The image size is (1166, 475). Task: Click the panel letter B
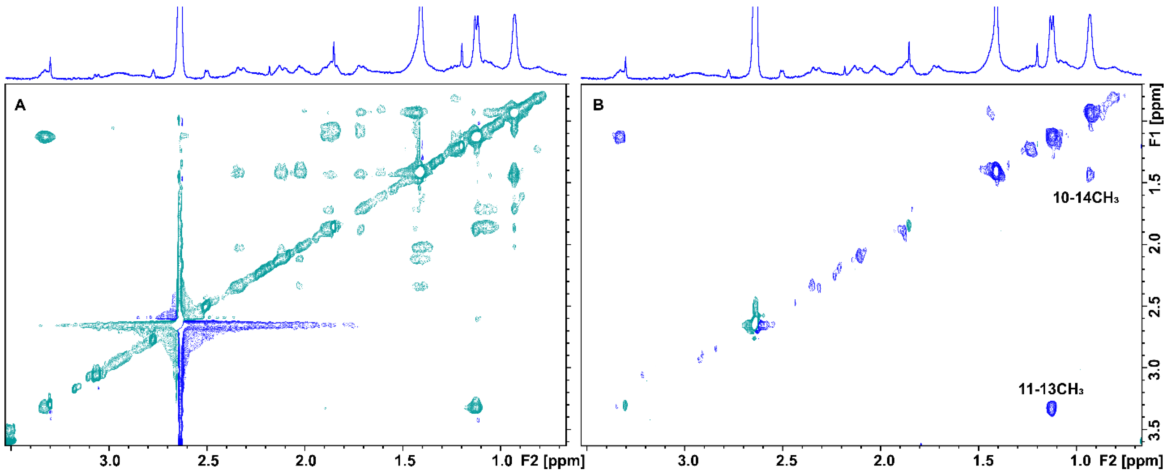pos(598,106)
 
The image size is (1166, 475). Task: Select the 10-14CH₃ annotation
pos(1085,198)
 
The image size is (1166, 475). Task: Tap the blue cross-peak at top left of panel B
pos(619,137)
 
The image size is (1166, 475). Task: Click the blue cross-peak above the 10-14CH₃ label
pos(1090,174)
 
